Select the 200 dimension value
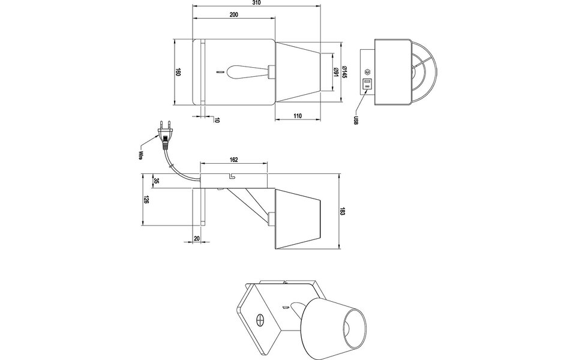pos(234,14)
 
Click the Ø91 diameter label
pos(335,72)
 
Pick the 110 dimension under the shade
pos(298,116)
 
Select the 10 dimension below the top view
pos(217,120)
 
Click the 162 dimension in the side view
pos(234,160)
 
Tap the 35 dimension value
pos(156,181)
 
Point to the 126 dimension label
pos(146,200)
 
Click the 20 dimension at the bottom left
pos(197,238)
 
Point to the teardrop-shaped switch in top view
pos(241,72)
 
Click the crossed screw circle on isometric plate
pos(261,320)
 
